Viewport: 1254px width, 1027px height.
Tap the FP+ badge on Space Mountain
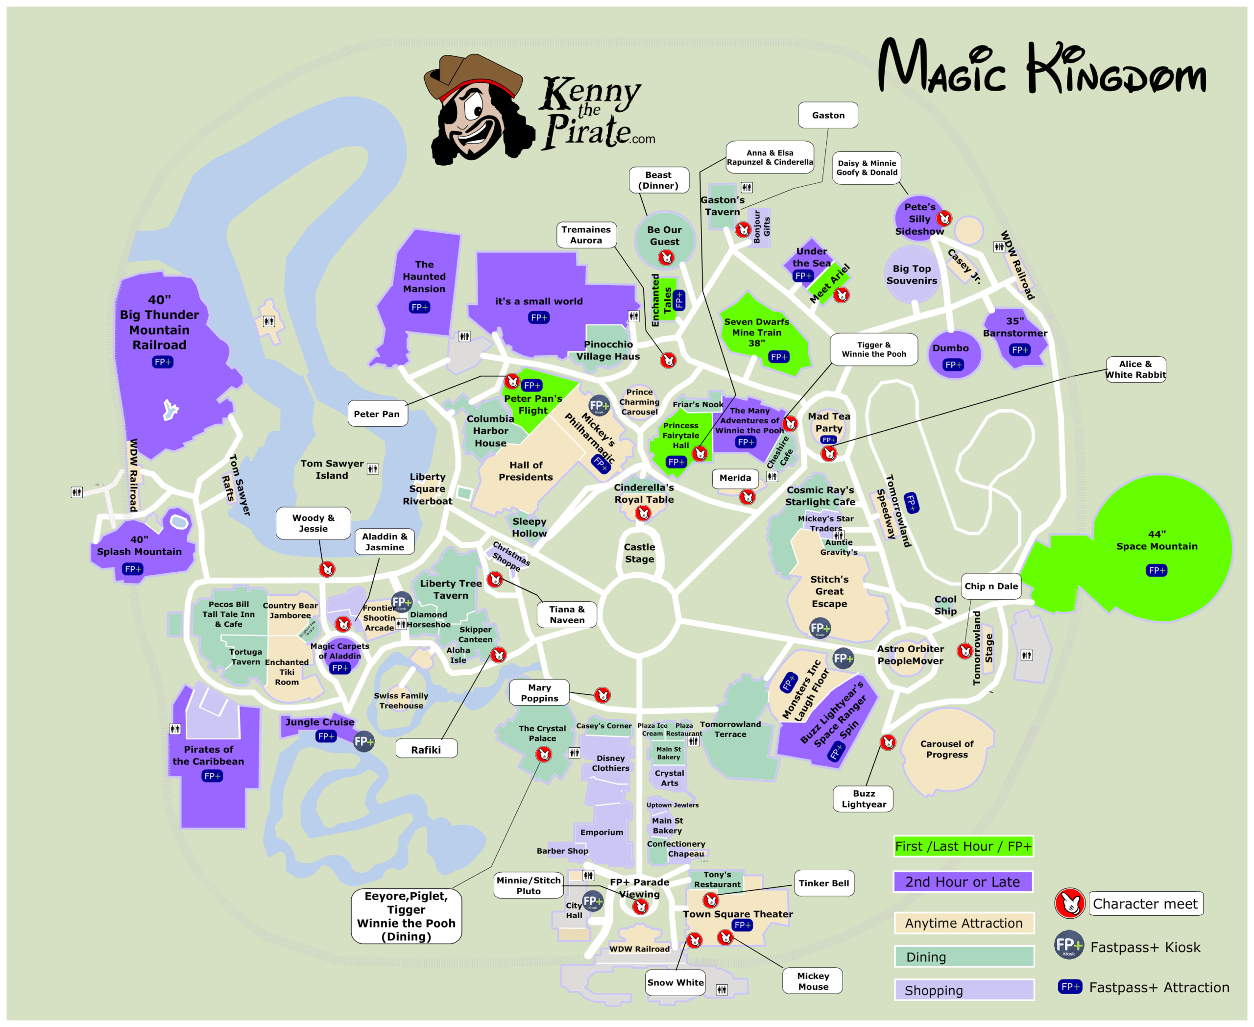click(1156, 570)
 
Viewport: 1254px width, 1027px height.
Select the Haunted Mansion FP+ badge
click(419, 307)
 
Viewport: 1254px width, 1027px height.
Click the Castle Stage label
click(639, 553)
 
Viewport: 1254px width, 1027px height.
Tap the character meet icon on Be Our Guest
click(667, 257)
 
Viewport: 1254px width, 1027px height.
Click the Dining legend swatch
click(964, 956)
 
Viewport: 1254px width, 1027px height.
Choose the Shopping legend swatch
click(964, 990)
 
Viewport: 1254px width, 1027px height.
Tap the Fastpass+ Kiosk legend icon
click(1068, 945)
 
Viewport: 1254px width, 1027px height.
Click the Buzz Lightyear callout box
click(863, 799)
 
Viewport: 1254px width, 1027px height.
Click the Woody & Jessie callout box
click(313, 523)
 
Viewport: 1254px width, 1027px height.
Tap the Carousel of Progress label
click(946, 749)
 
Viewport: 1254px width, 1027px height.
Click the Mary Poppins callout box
click(539, 693)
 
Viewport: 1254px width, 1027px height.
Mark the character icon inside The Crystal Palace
click(544, 754)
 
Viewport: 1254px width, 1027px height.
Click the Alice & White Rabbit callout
click(1135, 369)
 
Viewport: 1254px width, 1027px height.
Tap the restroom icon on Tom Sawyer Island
click(372, 469)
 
